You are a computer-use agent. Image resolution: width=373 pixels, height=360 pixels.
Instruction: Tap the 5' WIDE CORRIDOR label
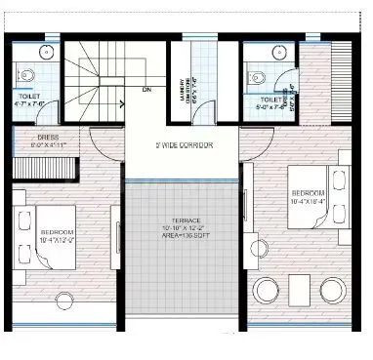(x=184, y=145)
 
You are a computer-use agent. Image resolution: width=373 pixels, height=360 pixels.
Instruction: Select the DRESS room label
(x=49, y=138)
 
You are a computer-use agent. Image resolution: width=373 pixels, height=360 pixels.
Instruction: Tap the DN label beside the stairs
(x=145, y=91)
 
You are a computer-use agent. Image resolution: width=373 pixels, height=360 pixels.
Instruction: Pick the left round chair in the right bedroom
(x=266, y=289)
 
